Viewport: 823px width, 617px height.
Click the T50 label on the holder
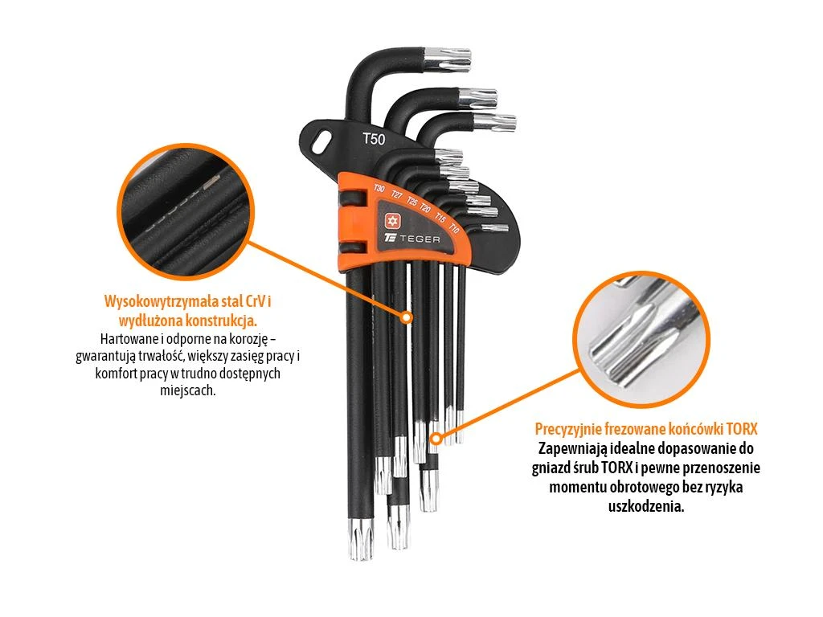pyautogui.click(x=374, y=139)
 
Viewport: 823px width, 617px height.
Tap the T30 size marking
pyautogui.click(x=379, y=188)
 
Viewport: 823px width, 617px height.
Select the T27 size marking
pyautogui.click(x=397, y=195)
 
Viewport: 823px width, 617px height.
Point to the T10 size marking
pyautogui.click(x=454, y=229)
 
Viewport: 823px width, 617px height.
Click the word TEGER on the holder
pyautogui.click(x=420, y=239)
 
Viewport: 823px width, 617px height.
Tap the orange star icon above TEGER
pyautogui.click(x=392, y=221)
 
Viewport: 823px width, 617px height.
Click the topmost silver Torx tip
pyautogui.click(x=448, y=59)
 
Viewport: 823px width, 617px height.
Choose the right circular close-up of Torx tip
pyautogui.click(x=641, y=340)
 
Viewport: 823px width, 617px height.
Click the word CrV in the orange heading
pyautogui.click(x=256, y=301)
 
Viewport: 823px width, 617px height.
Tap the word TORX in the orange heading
pyautogui.click(x=742, y=429)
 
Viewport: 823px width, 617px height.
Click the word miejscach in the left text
pyautogui.click(x=187, y=391)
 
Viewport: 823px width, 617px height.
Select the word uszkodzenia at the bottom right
pyautogui.click(x=646, y=507)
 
